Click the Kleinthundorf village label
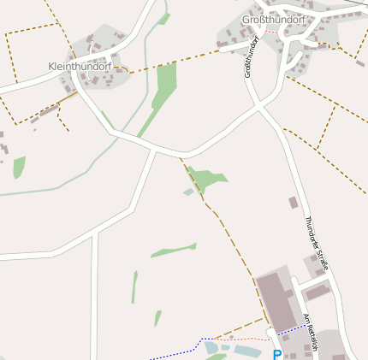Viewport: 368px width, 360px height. click(x=80, y=66)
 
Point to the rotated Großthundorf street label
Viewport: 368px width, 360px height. click(x=251, y=57)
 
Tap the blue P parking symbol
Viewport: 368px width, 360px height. click(x=276, y=354)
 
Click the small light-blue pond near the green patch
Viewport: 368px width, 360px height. click(x=188, y=192)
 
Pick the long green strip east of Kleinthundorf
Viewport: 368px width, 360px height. click(x=165, y=86)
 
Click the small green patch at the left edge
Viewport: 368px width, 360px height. click(x=19, y=167)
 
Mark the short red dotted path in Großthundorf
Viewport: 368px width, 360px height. click(x=271, y=32)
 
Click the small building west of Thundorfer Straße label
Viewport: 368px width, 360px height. click(x=294, y=203)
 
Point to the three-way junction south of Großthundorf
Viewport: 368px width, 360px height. click(x=259, y=106)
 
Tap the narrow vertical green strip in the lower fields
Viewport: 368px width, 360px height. click(x=134, y=286)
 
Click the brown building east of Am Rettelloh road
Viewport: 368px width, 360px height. click(x=318, y=292)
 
